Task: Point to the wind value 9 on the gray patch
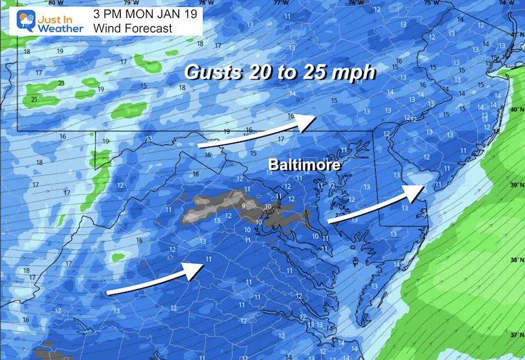coord(243,205)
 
